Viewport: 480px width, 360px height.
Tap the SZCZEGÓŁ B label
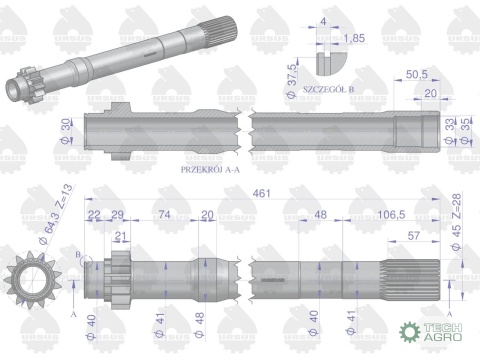pyautogui.click(x=331, y=105)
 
